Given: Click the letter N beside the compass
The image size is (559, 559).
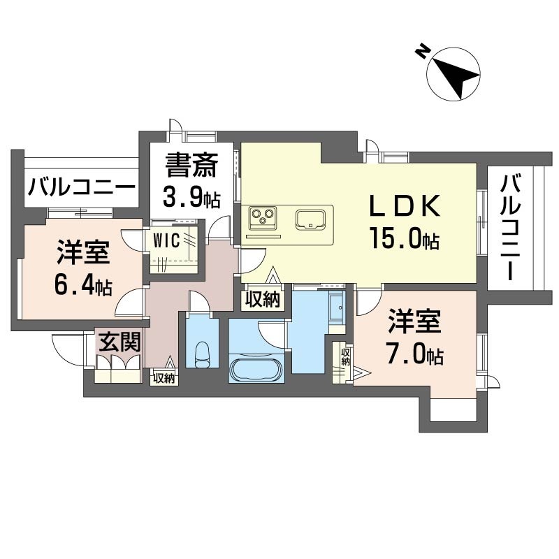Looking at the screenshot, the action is pyautogui.click(x=423, y=52).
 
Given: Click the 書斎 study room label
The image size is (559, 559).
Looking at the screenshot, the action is pyautogui.click(x=191, y=165).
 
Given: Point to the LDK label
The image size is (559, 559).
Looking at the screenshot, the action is pyautogui.click(x=405, y=206).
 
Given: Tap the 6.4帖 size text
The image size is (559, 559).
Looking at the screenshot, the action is pyautogui.click(x=83, y=285).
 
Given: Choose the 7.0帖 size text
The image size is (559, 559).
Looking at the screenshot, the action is pyautogui.click(x=414, y=355).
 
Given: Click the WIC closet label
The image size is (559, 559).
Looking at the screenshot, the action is pyautogui.click(x=166, y=241).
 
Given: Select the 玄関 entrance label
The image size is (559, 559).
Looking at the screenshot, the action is pyautogui.click(x=119, y=342).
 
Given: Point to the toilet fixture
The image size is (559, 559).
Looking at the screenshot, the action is pyautogui.click(x=203, y=355).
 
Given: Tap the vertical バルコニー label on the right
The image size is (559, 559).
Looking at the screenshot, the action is pyautogui.click(x=510, y=228).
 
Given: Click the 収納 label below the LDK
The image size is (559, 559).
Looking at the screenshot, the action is pyautogui.click(x=263, y=300).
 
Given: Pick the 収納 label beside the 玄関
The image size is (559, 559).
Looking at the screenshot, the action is pyautogui.click(x=164, y=378).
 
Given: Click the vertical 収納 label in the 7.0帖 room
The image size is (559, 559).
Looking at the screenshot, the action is pyautogui.click(x=345, y=357).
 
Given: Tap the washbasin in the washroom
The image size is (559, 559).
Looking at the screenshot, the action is pyautogui.click(x=336, y=307).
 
